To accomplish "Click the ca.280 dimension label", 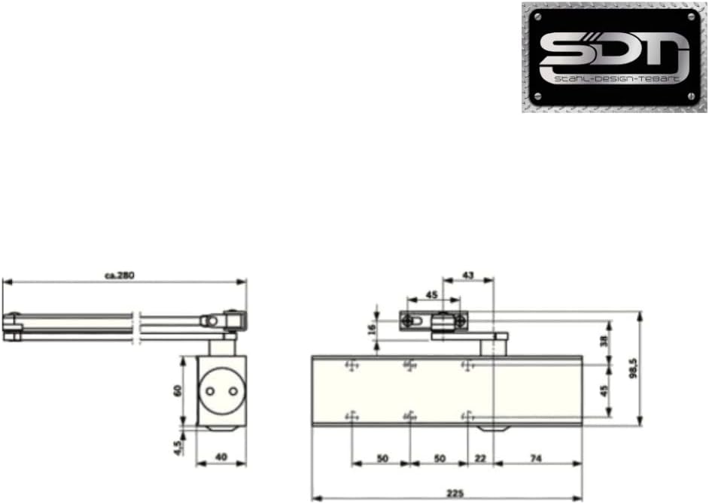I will [120, 276].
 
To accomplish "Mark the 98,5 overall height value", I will [634, 369].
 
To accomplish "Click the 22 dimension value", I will [480, 458].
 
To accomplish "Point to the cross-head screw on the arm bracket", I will [409, 320].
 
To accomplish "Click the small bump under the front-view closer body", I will [492, 428].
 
